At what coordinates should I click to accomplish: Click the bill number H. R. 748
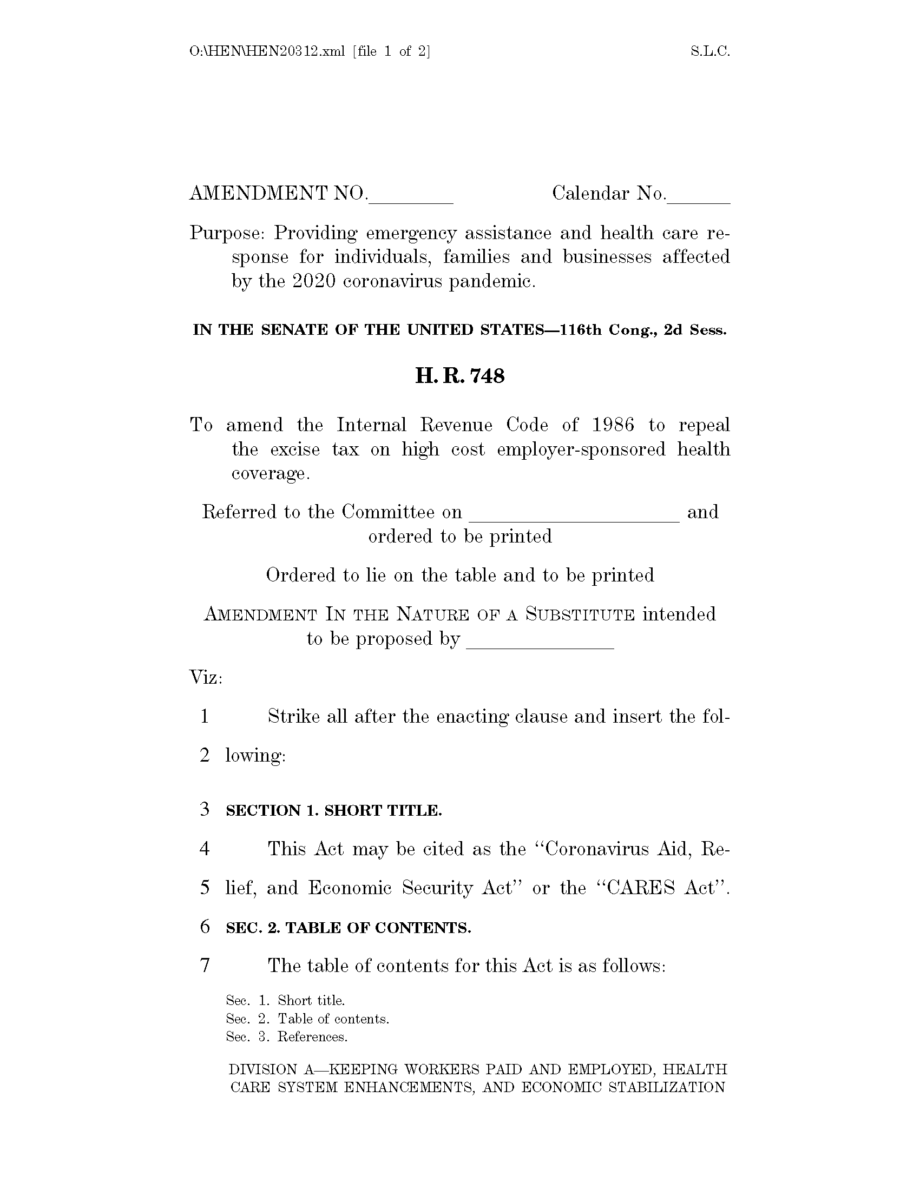(x=459, y=376)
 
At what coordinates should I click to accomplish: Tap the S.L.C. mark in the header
(x=709, y=52)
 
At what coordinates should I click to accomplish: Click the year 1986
(x=613, y=425)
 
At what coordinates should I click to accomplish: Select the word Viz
(x=205, y=678)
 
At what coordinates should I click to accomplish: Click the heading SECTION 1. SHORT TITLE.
(x=333, y=811)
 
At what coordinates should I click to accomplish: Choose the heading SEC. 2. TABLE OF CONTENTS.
(x=349, y=928)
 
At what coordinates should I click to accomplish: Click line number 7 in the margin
(x=205, y=966)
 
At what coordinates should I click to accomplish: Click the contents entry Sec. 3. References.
(x=287, y=1037)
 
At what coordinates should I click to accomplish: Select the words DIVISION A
(x=271, y=1069)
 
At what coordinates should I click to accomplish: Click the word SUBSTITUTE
(x=580, y=615)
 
